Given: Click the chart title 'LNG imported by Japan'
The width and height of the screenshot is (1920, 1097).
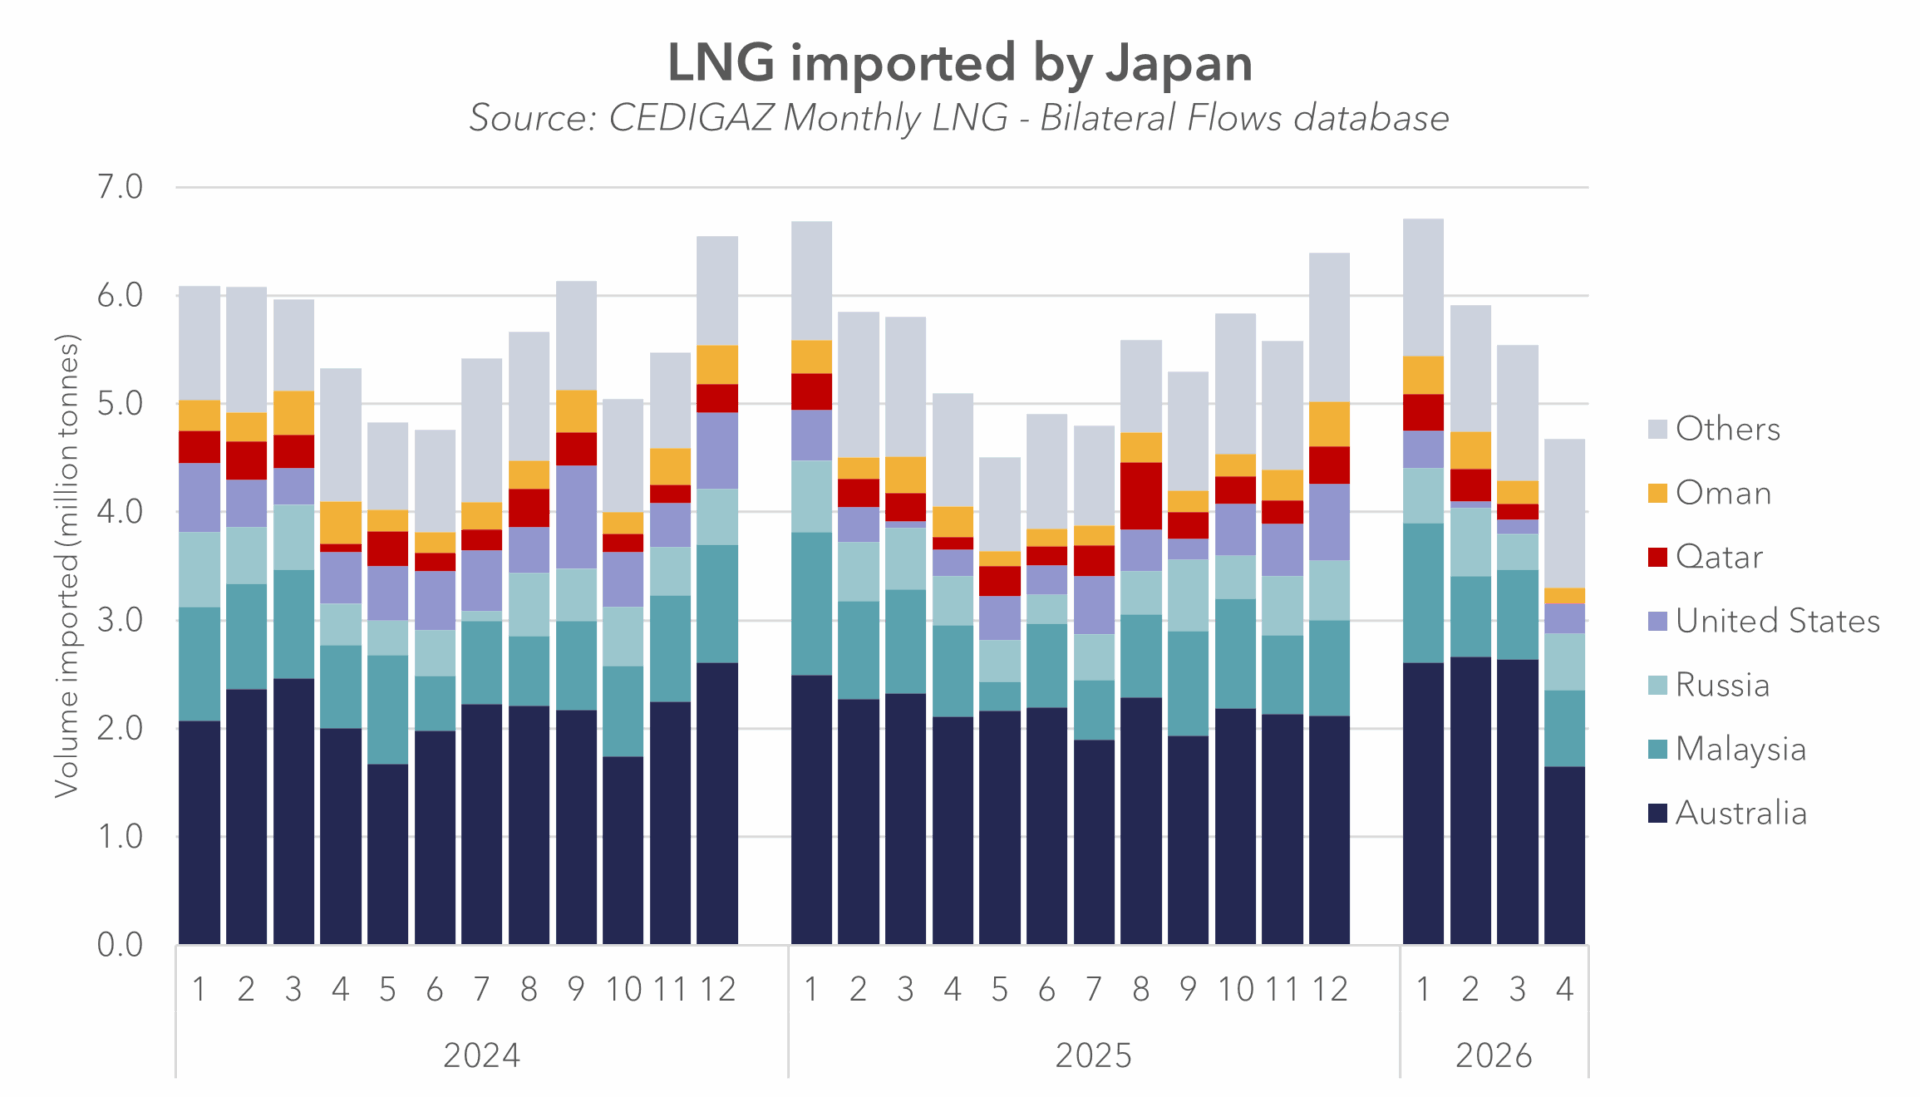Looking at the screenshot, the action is coord(960,63).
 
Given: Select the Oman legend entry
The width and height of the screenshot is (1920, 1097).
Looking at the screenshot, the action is coord(1710,493).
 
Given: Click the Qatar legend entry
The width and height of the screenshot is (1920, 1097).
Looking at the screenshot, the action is coord(1706,557).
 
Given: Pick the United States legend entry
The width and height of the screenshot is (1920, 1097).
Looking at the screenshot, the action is coord(1764,621).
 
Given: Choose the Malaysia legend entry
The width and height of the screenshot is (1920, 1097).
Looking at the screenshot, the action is coord(1727,749).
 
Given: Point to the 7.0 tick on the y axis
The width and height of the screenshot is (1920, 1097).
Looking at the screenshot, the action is coord(120,187).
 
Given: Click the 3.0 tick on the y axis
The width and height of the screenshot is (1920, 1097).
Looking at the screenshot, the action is coord(120,620).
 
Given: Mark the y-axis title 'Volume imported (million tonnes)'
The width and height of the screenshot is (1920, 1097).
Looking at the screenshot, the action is coord(66,566).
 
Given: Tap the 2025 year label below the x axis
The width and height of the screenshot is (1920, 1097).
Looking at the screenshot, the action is coord(1093,1055).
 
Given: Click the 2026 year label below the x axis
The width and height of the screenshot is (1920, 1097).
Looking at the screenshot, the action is coord(1493,1055).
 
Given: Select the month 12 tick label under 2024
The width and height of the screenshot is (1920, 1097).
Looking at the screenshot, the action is coord(717,989).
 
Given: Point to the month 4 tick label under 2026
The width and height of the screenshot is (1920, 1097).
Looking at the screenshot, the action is coord(1564,989).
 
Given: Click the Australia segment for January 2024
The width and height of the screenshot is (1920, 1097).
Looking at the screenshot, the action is coord(199,832).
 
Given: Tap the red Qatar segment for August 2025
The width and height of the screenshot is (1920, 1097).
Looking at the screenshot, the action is coord(1141,496).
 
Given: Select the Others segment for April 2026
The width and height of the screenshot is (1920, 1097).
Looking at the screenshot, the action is coord(1564,514).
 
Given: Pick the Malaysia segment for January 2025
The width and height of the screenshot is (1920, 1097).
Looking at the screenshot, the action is coord(811,604).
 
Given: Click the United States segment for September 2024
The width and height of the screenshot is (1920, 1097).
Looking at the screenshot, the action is coord(576,517).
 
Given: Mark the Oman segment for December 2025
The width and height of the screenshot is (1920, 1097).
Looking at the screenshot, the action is coord(1329,424).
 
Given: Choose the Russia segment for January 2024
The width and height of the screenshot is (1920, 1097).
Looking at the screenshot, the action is coord(199,570).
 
